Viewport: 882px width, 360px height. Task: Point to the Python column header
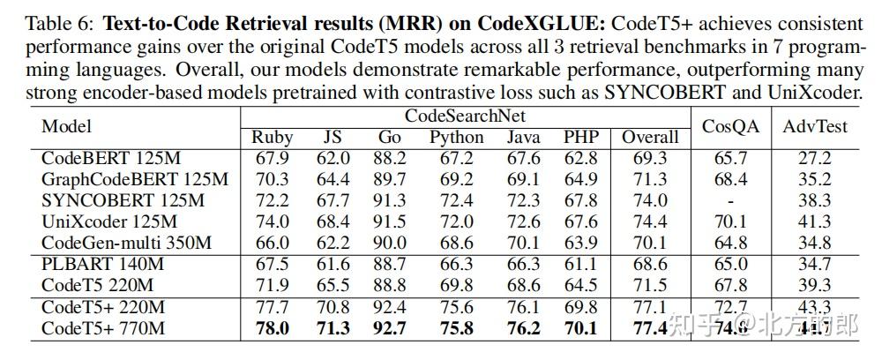point(456,137)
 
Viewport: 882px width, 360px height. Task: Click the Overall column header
point(650,137)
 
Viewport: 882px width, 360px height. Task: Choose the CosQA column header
point(730,126)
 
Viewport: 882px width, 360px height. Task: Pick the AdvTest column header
point(814,126)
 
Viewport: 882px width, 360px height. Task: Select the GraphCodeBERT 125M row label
point(134,179)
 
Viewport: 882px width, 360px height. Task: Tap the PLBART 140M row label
point(102,263)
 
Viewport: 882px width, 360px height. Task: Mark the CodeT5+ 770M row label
point(102,327)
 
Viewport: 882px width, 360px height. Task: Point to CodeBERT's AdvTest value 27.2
point(813,159)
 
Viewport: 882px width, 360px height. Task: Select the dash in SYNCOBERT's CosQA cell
point(730,200)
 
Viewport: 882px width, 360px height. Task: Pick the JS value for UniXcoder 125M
point(333,221)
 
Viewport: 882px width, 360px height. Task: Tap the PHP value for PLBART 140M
point(579,263)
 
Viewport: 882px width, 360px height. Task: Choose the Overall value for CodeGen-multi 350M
point(650,242)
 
